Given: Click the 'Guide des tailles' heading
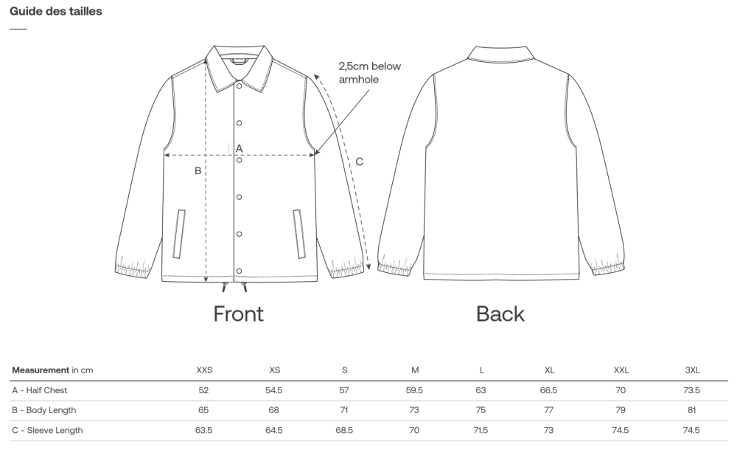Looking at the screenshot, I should click(x=56, y=12).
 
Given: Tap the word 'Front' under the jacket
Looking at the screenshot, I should click(x=238, y=314).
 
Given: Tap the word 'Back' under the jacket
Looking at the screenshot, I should click(x=500, y=314).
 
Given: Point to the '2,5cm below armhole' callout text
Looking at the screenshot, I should click(x=369, y=72).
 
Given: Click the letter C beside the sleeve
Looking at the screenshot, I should click(x=359, y=162).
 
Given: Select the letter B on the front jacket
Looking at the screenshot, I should click(x=198, y=171).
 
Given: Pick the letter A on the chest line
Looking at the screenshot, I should click(x=239, y=148).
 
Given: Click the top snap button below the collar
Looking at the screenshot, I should click(x=239, y=86).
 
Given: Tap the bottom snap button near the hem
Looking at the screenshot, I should click(x=239, y=271).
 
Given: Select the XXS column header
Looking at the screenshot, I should click(x=204, y=370).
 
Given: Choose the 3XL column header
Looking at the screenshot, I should click(x=691, y=370).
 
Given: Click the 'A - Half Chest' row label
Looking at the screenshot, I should click(x=40, y=390).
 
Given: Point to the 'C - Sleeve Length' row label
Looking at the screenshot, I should click(x=47, y=430).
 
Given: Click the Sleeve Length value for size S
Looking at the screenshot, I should click(x=344, y=430).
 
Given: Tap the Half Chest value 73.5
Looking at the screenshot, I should click(x=691, y=390).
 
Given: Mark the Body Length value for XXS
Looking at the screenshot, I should click(x=204, y=410).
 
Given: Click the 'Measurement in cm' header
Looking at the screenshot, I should click(x=52, y=370).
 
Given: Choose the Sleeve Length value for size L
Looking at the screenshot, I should click(x=481, y=430).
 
